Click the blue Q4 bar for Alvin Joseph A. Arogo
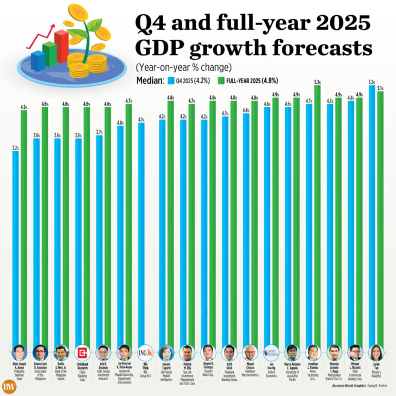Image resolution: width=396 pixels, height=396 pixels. (x=16, y=245)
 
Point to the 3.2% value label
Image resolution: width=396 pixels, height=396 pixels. (x=16, y=147)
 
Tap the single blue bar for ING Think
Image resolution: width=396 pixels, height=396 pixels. (x=141, y=234)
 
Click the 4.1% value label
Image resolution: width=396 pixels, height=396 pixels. (x=141, y=120)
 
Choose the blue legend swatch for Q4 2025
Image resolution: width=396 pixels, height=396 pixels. (x=170, y=81)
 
